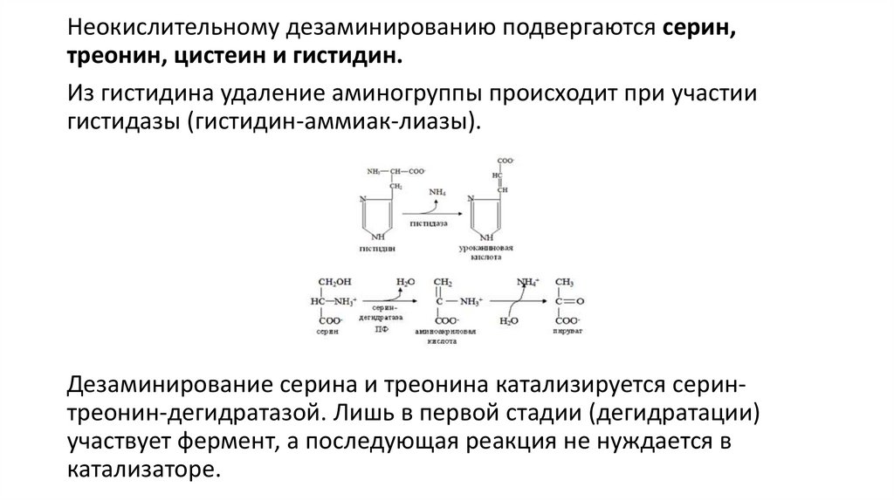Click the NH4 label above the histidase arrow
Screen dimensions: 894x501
tap(437, 190)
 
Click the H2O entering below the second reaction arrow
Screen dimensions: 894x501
tap(507, 321)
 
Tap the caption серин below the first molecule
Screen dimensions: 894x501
tap(328, 333)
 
